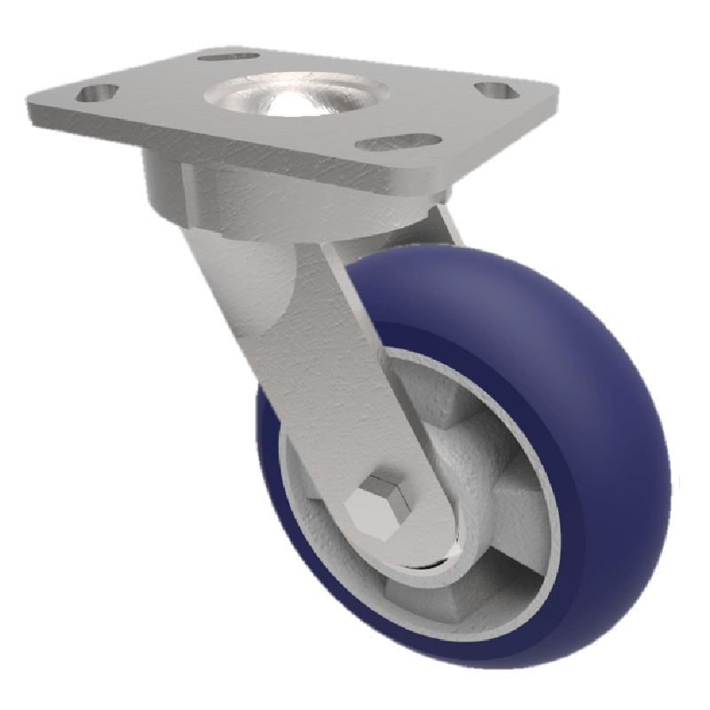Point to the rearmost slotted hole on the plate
click(222, 57)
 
